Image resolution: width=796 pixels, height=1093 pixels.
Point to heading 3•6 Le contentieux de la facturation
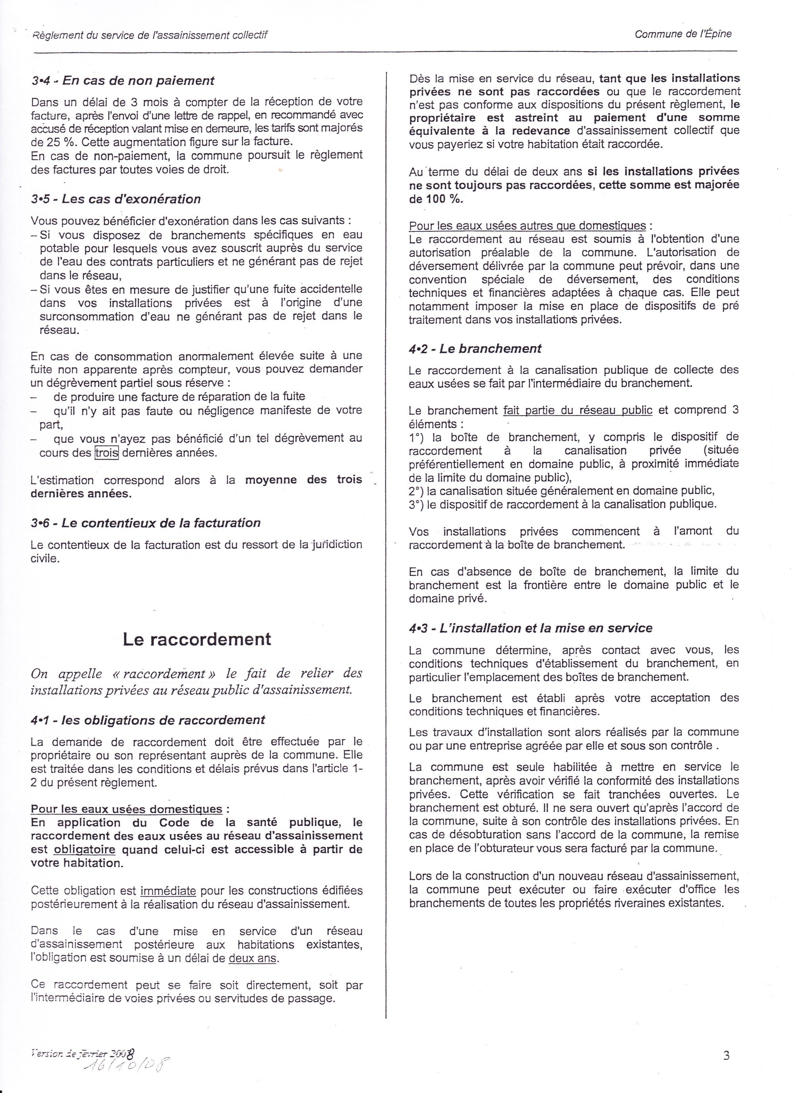pos(145,522)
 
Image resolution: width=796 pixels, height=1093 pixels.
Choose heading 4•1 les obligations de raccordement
pos(148,720)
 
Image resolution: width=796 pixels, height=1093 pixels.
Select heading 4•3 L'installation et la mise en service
pos(530,628)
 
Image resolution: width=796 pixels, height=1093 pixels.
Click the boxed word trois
pos(106,453)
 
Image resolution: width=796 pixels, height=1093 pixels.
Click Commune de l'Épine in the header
pos(683,34)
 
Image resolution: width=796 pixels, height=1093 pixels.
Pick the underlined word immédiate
pos(168,890)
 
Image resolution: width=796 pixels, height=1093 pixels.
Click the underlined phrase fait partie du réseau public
pos(577,410)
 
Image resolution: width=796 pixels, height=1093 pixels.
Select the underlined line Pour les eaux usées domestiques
pos(126,809)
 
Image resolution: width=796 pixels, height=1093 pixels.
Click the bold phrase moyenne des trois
pos(303,480)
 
